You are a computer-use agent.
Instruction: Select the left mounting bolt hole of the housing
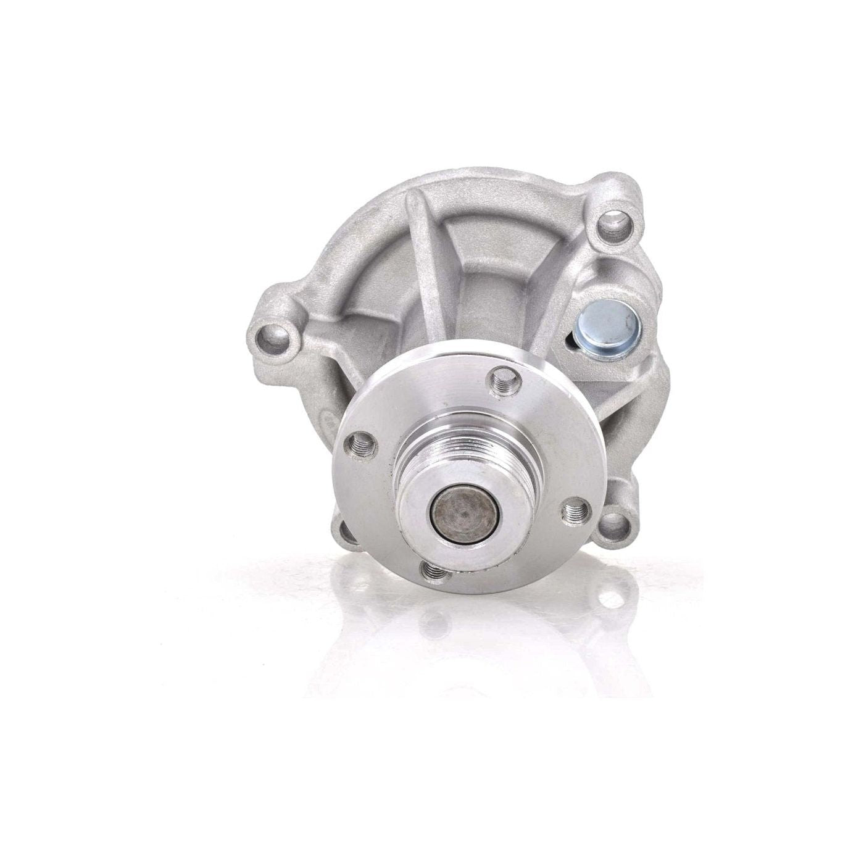(274, 337)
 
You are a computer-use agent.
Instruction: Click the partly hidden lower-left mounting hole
(347, 531)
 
